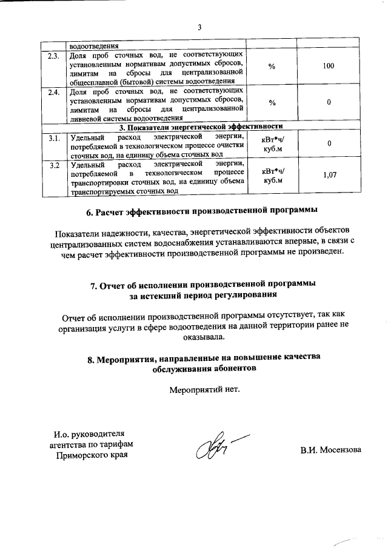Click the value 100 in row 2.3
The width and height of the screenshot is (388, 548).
point(329,65)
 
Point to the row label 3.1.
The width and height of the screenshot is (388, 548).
point(53,139)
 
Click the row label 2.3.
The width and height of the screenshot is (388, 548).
point(53,56)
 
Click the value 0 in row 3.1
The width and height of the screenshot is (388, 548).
point(329,144)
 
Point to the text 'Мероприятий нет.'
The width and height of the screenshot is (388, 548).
point(204,389)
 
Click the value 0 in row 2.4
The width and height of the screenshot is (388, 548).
point(329,102)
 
